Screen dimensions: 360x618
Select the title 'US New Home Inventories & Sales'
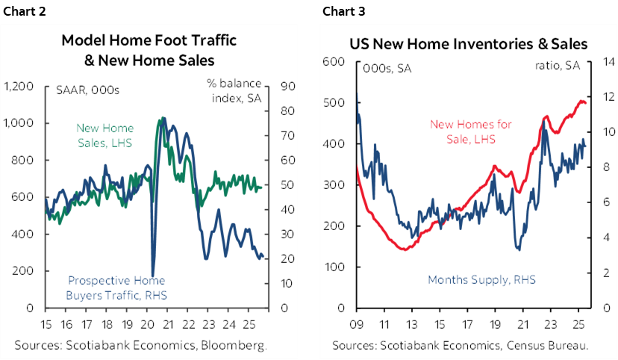(468, 44)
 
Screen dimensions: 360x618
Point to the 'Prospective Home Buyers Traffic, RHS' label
(117, 288)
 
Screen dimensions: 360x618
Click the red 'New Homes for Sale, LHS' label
(463, 131)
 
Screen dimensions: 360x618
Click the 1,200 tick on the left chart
(19, 87)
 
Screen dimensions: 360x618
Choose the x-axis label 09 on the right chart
(356, 326)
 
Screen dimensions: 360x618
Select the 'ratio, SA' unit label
(557, 66)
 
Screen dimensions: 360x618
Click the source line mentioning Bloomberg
(140, 345)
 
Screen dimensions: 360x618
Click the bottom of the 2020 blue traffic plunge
(153, 275)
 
